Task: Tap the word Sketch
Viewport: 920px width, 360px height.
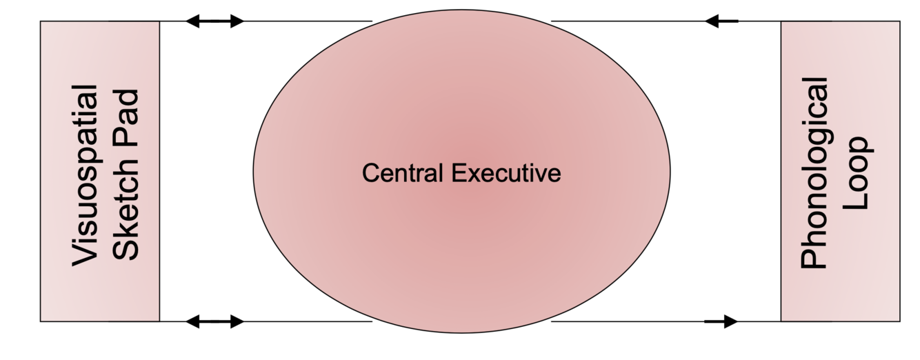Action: (x=126, y=219)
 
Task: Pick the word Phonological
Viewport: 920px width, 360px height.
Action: (x=814, y=172)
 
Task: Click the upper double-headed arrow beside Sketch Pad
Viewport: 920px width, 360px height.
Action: (x=215, y=21)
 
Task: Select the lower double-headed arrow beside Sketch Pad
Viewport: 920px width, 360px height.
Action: (x=215, y=321)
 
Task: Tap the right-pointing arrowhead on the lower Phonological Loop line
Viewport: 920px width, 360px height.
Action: (x=730, y=321)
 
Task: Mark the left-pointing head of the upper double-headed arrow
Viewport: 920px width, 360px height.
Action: (x=194, y=21)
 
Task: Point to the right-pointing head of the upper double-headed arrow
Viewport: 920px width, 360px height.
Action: (x=237, y=21)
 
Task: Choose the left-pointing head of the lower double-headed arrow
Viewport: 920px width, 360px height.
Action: (x=194, y=321)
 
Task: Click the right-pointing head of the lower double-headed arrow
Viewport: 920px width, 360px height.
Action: (x=237, y=321)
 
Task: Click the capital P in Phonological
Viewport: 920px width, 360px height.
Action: (x=814, y=258)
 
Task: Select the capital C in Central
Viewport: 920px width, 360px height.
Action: (x=370, y=173)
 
